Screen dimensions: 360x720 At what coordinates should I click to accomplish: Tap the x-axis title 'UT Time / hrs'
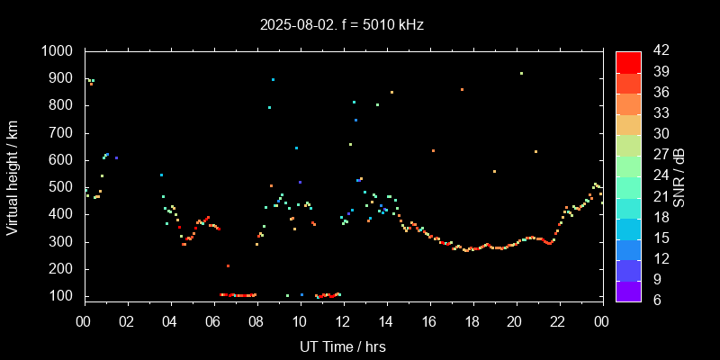[343, 346]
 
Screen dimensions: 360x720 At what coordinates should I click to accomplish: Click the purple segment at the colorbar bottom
[628, 291]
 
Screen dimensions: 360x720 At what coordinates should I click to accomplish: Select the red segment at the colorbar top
[628, 61]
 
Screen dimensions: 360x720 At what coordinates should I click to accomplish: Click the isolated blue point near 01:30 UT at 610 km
[116, 157]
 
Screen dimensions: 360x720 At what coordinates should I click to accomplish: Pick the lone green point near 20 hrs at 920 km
[521, 74]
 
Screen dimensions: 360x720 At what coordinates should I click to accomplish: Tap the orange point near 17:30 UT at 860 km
[462, 90]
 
